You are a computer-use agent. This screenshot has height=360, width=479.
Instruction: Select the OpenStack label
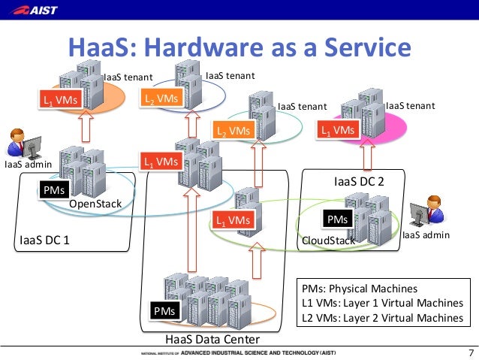[95, 204]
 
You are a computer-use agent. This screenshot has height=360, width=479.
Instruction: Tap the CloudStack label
[327, 240]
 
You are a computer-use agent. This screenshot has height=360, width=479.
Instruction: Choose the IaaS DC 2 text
[358, 182]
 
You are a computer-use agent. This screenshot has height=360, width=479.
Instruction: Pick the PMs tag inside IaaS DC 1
[53, 190]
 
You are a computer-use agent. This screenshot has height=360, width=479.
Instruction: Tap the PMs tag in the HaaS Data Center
[164, 310]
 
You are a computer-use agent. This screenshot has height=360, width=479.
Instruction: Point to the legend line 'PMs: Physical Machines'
[359, 289]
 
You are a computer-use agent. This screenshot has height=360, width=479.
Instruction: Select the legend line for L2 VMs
[382, 317]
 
